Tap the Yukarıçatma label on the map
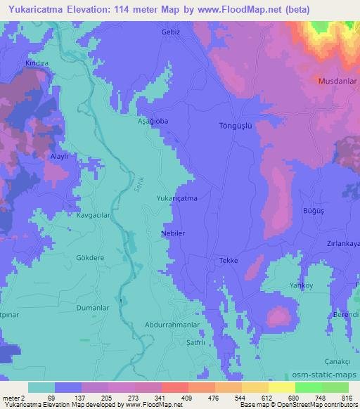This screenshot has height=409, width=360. tap(176, 199)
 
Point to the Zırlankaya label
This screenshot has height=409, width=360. tap(342, 242)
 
